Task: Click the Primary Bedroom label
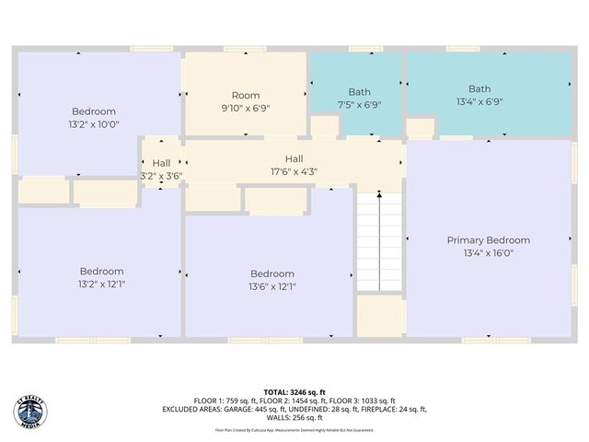click(x=488, y=240)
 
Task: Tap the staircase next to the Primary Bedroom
click(x=380, y=242)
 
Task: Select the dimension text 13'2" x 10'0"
click(x=93, y=124)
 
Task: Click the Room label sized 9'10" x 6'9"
click(x=245, y=96)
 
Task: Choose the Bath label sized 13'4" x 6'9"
click(x=479, y=89)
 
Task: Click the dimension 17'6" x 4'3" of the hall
click(x=294, y=171)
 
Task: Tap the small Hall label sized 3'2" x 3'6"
click(x=161, y=163)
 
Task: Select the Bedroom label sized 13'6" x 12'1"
click(x=272, y=273)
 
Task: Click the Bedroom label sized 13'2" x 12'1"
click(x=101, y=271)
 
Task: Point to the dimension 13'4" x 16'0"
click(x=488, y=253)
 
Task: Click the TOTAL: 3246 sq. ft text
click(x=294, y=391)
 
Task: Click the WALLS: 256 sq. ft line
click(x=294, y=417)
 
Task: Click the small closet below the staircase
click(x=380, y=316)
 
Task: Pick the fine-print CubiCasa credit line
click(x=294, y=429)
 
